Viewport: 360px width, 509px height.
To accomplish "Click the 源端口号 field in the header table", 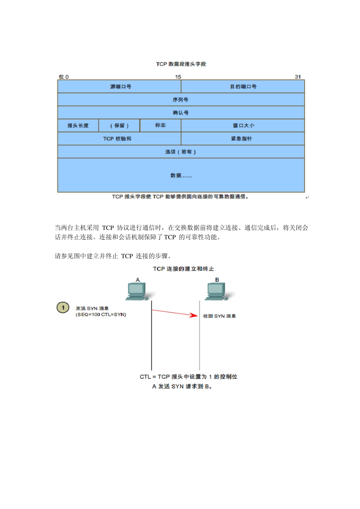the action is tap(121, 87).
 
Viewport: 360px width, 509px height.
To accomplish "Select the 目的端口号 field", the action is tap(243, 87).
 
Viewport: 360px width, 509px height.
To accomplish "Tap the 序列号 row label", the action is tap(180, 100).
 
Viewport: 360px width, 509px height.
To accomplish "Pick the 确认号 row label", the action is tap(180, 113).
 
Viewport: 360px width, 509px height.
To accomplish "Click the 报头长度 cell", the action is tap(78, 126).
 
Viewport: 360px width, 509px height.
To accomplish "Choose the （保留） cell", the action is tap(119, 126).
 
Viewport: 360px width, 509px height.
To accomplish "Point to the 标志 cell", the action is tap(160, 125).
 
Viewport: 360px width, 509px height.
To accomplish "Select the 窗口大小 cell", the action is tap(243, 126).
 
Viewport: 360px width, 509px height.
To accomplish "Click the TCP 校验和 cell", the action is tap(117, 139).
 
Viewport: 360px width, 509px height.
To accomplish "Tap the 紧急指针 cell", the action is tap(241, 139).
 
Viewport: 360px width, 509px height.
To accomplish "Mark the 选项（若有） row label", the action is tap(180, 152).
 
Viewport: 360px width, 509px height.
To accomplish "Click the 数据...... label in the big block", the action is tap(181, 176).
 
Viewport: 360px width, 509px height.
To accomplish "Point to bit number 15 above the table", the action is tap(178, 77).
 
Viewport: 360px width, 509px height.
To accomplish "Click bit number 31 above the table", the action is tap(298, 77).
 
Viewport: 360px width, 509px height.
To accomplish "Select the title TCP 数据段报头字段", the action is tap(181, 64).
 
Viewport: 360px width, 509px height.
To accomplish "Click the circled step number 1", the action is tap(63, 308).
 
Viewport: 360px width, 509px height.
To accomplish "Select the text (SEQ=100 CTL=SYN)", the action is tap(101, 315).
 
